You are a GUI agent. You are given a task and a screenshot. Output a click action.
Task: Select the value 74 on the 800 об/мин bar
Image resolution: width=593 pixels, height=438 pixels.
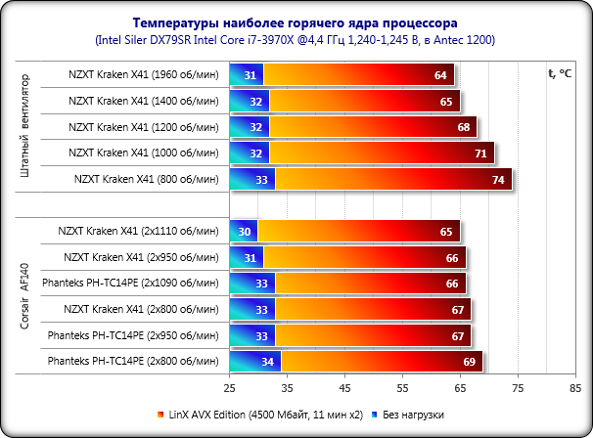498,180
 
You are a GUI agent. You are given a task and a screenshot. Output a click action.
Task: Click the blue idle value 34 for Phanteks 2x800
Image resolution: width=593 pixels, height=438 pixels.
267,363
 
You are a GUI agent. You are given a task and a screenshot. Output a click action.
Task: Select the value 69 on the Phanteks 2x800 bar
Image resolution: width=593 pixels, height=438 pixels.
469,363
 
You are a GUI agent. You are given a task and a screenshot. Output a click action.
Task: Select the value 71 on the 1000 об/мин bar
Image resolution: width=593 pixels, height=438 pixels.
480,153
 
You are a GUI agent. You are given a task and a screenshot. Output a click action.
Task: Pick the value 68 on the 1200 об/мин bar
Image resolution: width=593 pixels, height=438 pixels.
463,127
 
